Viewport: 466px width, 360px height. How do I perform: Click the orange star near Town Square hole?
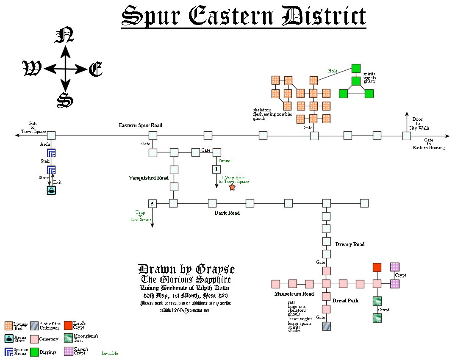[232, 187]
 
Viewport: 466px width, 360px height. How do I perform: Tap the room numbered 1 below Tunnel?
[216, 169]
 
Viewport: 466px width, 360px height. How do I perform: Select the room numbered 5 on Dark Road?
[153, 204]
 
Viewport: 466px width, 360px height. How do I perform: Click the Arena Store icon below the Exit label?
[51, 191]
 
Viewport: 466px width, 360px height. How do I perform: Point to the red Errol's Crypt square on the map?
[377, 267]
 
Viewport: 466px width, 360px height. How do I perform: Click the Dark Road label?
[227, 213]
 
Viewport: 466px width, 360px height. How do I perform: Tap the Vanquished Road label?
[149, 178]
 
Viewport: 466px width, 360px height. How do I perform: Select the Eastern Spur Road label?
[140, 125]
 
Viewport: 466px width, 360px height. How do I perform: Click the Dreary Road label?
[350, 244]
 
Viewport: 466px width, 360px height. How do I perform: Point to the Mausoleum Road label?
[294, 294]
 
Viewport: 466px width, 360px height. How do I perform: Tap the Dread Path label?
[346, 301]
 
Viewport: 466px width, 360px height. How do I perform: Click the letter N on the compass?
[64, 35]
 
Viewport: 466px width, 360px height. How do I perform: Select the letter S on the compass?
[65, 100]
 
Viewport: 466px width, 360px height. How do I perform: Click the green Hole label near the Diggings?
[333, 71]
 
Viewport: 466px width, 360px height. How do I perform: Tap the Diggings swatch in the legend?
[34, 352]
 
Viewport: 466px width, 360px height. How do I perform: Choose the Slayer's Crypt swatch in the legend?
[67, 351]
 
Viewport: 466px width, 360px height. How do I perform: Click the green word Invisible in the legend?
[110, 353]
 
